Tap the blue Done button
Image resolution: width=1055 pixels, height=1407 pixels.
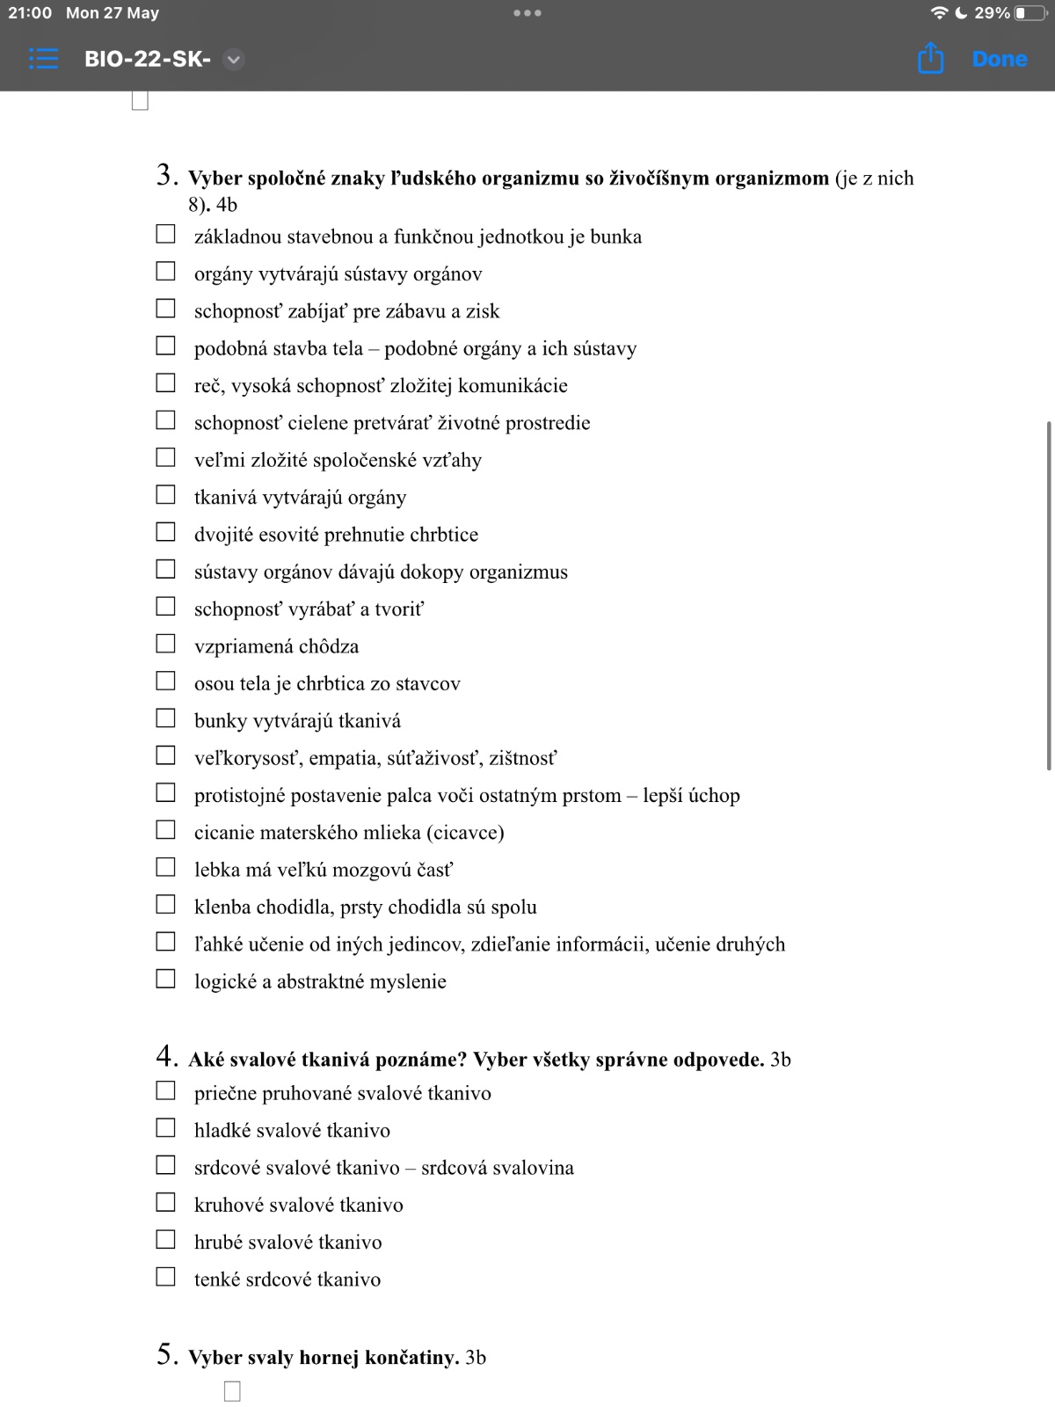1000,59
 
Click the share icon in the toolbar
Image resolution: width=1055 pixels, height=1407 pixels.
930,59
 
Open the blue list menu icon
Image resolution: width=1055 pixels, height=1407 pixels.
43,59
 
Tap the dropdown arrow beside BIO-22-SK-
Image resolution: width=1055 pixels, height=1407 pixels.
233,60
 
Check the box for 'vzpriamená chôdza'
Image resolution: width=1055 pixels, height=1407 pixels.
165,644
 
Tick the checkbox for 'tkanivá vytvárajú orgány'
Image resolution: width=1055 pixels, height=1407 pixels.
165,495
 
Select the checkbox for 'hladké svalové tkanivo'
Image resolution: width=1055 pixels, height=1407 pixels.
165,1127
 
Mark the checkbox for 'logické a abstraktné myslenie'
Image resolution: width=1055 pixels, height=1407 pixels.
165,979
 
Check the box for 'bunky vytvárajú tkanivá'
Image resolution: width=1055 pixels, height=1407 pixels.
165,718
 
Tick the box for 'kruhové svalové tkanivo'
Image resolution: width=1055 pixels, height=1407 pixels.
165,1202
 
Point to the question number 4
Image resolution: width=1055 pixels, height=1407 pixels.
166,1056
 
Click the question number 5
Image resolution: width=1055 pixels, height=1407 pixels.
166,1354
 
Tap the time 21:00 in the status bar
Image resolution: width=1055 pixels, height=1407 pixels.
30,13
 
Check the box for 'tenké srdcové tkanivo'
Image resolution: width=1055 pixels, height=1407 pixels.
165,1277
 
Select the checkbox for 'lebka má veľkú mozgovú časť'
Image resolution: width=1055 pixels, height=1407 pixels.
165,867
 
